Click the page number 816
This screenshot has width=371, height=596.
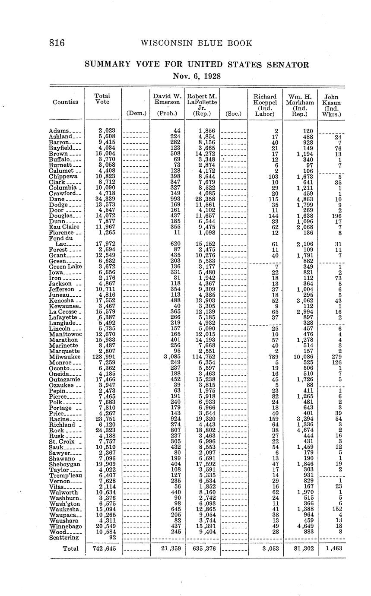point(57,43)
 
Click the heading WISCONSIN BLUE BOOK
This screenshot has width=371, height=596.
point(197,43)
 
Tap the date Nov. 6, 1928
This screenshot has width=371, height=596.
point(197,76)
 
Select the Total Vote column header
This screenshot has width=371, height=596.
point(102,99)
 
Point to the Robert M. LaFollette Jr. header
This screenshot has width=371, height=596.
point(202,105)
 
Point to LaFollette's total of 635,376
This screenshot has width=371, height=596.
point(202,548)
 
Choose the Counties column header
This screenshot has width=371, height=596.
point(66,102)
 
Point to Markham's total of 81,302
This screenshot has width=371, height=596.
point(300,548)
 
